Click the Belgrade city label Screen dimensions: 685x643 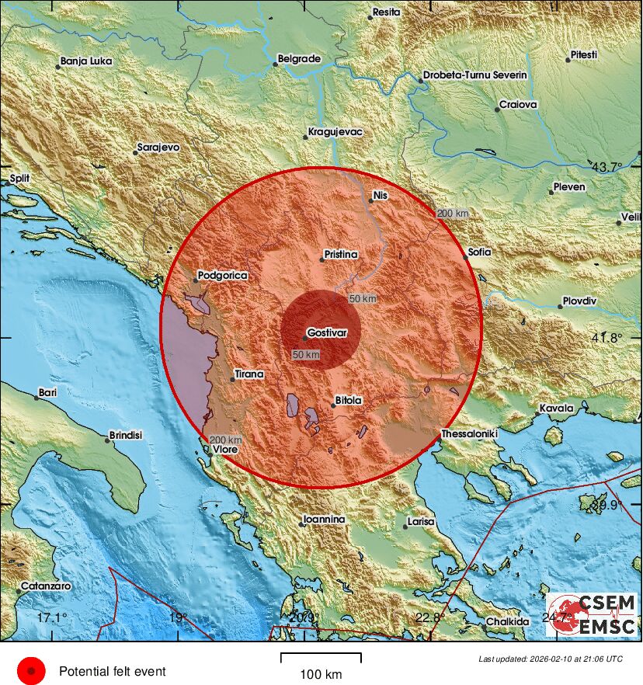299,58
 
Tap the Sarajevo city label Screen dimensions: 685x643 158,146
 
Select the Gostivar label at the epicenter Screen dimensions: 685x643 327,332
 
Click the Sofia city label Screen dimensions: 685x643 478,252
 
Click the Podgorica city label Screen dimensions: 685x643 222,275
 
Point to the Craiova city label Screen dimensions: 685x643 518,104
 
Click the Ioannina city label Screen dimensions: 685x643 324,519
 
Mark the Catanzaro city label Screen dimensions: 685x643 46,585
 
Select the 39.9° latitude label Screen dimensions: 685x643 607,505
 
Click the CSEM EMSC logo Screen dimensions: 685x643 591,614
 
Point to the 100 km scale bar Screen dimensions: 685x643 321,659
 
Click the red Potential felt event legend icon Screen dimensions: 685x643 32,670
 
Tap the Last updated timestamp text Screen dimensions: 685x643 550,659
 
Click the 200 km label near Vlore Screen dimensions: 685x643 226,440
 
